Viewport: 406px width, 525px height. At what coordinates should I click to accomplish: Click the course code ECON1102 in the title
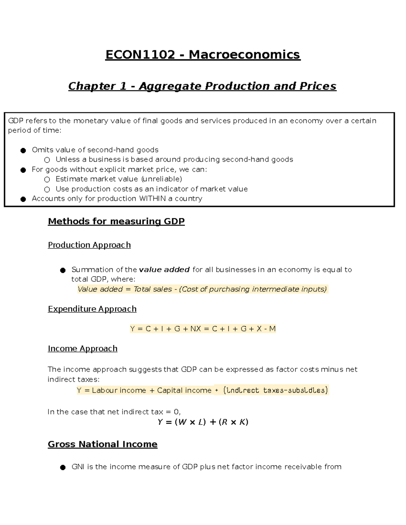pos(140,55)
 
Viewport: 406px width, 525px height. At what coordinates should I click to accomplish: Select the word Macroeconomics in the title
pos(244,55)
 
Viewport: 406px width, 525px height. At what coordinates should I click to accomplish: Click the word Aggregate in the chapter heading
pos(170,86)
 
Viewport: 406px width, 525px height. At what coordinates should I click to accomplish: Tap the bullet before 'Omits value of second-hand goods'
pos(23,150)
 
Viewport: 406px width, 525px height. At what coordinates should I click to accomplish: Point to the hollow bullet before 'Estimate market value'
pos(47,180)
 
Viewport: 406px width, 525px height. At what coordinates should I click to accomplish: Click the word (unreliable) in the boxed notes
pos(161,179)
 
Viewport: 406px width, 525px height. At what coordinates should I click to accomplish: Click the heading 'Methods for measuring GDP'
pos(116,221)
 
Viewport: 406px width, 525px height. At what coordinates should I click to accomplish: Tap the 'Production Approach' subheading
pos(89,245)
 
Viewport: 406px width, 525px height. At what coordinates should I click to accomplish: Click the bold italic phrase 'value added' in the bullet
pos(164,270)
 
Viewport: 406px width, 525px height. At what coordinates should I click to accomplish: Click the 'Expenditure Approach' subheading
pos(92,309)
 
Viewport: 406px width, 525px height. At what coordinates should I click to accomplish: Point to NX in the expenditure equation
pos(196,329)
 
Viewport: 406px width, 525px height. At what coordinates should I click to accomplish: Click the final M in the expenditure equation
pos(272,329)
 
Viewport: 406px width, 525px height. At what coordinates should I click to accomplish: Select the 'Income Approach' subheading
pos(83,349)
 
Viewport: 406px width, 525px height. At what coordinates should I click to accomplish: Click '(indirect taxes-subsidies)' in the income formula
pos(275,390)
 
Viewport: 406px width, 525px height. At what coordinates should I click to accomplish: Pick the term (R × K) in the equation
pos(233,422)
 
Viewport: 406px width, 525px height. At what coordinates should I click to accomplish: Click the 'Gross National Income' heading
pos(103,444)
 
